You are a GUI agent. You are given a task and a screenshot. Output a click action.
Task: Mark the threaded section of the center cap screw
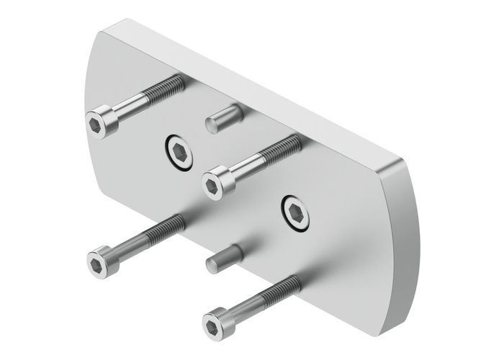[282, 148]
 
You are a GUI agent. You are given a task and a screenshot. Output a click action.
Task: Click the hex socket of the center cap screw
[212, 186]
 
